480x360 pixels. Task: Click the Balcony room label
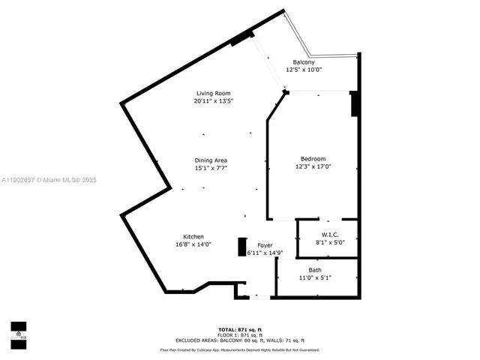304,62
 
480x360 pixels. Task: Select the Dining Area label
211,160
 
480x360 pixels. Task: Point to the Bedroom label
313,159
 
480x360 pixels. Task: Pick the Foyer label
265,246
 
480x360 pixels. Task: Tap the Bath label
315,270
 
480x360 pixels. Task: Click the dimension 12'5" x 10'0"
304,70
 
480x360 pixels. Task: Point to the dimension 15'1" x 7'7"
211,169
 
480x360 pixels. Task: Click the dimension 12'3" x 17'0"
313,166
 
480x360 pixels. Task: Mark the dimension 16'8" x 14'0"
193,244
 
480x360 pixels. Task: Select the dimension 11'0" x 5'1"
315,277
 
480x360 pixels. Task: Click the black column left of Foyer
241,247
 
